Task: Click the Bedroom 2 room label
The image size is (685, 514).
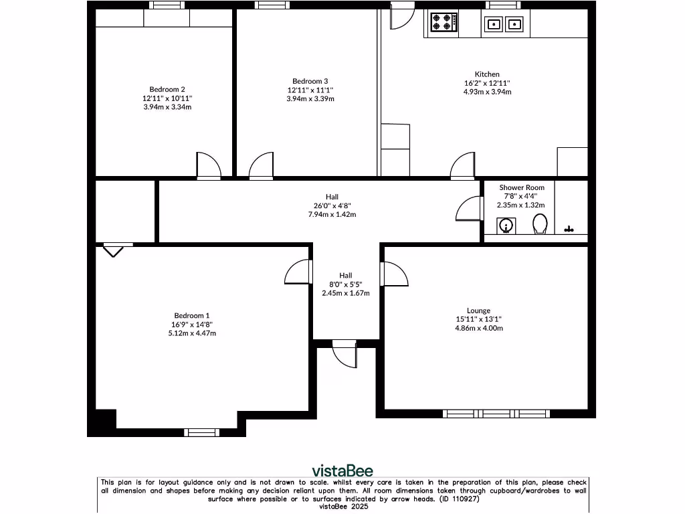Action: point(167,89)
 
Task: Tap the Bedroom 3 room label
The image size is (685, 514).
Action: point(310,81)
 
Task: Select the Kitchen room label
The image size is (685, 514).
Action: point(487,74)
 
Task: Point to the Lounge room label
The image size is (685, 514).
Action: point(478,311)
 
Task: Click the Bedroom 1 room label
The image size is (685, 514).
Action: point(193,316)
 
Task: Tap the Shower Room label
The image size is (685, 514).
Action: point(522,188)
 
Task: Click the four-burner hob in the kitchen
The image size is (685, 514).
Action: point(444,23)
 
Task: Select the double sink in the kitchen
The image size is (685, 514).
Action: point(503,25)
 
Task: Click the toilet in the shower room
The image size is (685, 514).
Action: point(540,225)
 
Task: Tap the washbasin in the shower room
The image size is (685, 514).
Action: point(508,226)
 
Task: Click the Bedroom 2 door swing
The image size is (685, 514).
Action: point(208,165)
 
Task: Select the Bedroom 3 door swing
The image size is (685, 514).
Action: point(261,165)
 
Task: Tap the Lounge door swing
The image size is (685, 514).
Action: point(394,274)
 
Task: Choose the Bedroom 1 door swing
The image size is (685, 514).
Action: point(298,273)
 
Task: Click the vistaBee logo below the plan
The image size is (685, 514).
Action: point(343,470)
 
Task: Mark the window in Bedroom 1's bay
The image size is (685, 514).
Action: point(201,432)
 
